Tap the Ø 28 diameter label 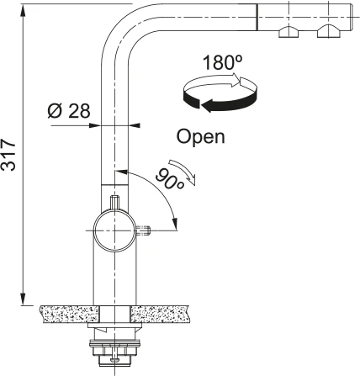[x=69, y=111]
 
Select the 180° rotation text [x=222, y=62]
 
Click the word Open [x=201, y=137]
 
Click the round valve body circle [x=114, y=230]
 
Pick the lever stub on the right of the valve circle [x=144, y=230]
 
